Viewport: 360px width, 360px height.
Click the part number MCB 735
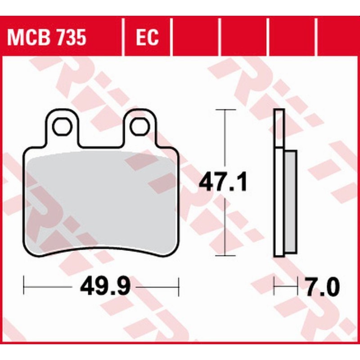46,38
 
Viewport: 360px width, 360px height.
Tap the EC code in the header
147,38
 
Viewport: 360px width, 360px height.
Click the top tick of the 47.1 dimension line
225,109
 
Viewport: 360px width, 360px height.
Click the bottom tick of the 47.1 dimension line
225,256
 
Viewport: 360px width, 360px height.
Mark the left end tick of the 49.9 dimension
23,286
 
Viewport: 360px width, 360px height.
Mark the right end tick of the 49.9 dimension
179,286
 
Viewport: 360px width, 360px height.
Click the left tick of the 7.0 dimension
274,286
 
